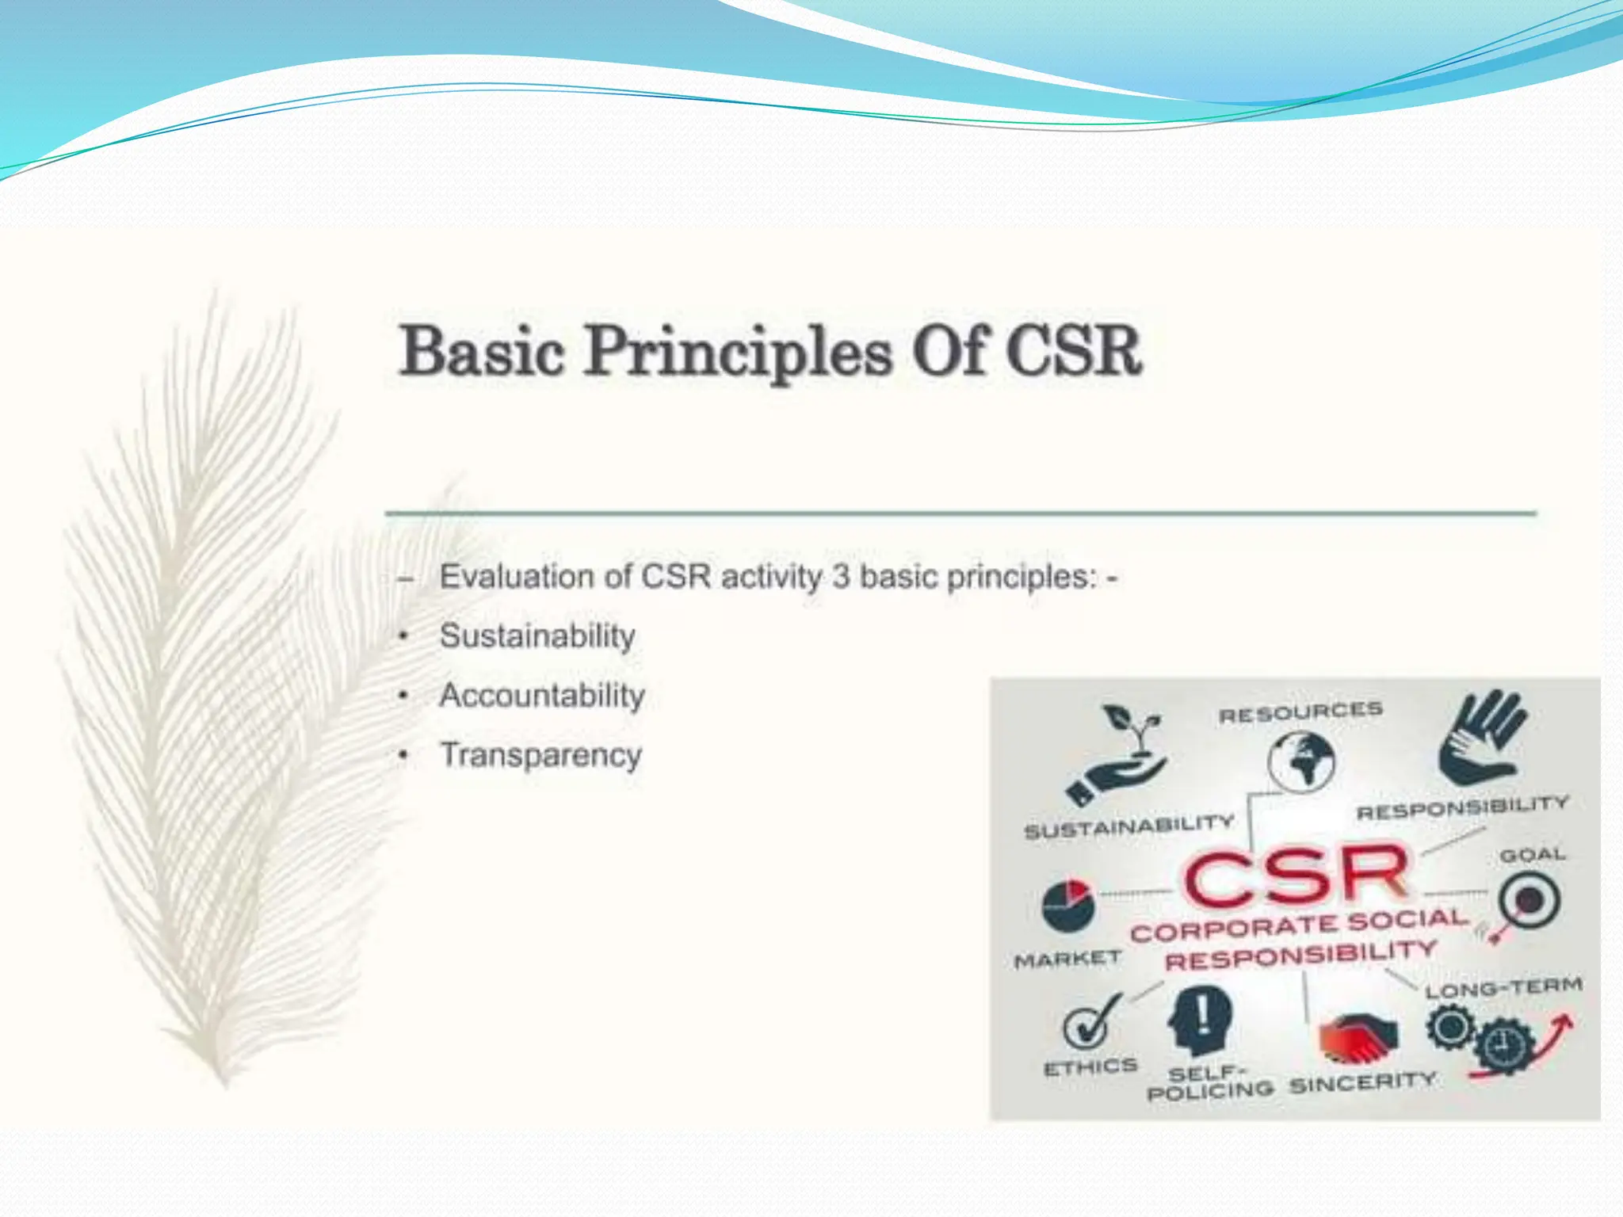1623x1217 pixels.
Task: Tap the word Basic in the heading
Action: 482,353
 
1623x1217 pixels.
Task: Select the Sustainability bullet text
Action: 537,636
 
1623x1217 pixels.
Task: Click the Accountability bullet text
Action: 542,696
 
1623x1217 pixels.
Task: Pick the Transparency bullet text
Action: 540,755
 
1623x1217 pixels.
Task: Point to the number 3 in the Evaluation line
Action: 841,577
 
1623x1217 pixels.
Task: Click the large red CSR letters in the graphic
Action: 1296,876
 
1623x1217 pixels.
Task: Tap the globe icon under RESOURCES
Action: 1300,761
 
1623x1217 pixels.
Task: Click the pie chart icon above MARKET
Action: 1067,905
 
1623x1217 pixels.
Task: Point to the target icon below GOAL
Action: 1528,902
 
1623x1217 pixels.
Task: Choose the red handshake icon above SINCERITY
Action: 1358,1039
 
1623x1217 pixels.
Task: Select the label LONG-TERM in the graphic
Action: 1503,988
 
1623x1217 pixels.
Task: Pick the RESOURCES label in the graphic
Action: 1300,712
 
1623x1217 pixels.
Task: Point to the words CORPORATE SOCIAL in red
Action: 1299,925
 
